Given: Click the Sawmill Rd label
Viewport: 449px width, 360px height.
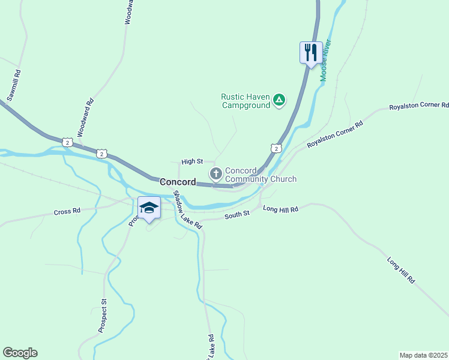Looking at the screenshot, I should [14, 85].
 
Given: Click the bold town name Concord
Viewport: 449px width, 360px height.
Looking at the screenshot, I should [178, 182].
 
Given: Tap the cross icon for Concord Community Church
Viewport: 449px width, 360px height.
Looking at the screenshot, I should [215, 174].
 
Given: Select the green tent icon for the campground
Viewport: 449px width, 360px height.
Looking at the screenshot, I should [279, 100].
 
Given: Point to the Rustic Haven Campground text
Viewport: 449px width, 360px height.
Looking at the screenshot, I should [246, 100].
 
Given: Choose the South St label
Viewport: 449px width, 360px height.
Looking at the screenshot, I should [237, 214].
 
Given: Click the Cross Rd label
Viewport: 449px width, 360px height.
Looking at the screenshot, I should [67, 212].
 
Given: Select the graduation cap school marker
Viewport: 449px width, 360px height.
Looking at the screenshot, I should [149, 208].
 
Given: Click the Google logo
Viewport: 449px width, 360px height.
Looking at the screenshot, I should [20, 353].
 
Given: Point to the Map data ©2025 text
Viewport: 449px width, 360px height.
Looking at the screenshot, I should [423, 355].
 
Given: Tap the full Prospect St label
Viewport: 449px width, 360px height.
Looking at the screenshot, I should [103, 316].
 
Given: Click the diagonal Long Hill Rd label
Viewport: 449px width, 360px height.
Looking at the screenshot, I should [401, 270].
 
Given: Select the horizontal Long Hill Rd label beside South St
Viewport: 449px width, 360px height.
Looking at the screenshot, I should [280, 209].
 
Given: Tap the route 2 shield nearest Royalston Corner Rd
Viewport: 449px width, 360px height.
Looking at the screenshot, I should [275, 148].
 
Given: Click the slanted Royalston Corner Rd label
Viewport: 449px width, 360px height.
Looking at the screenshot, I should [335, 135].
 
